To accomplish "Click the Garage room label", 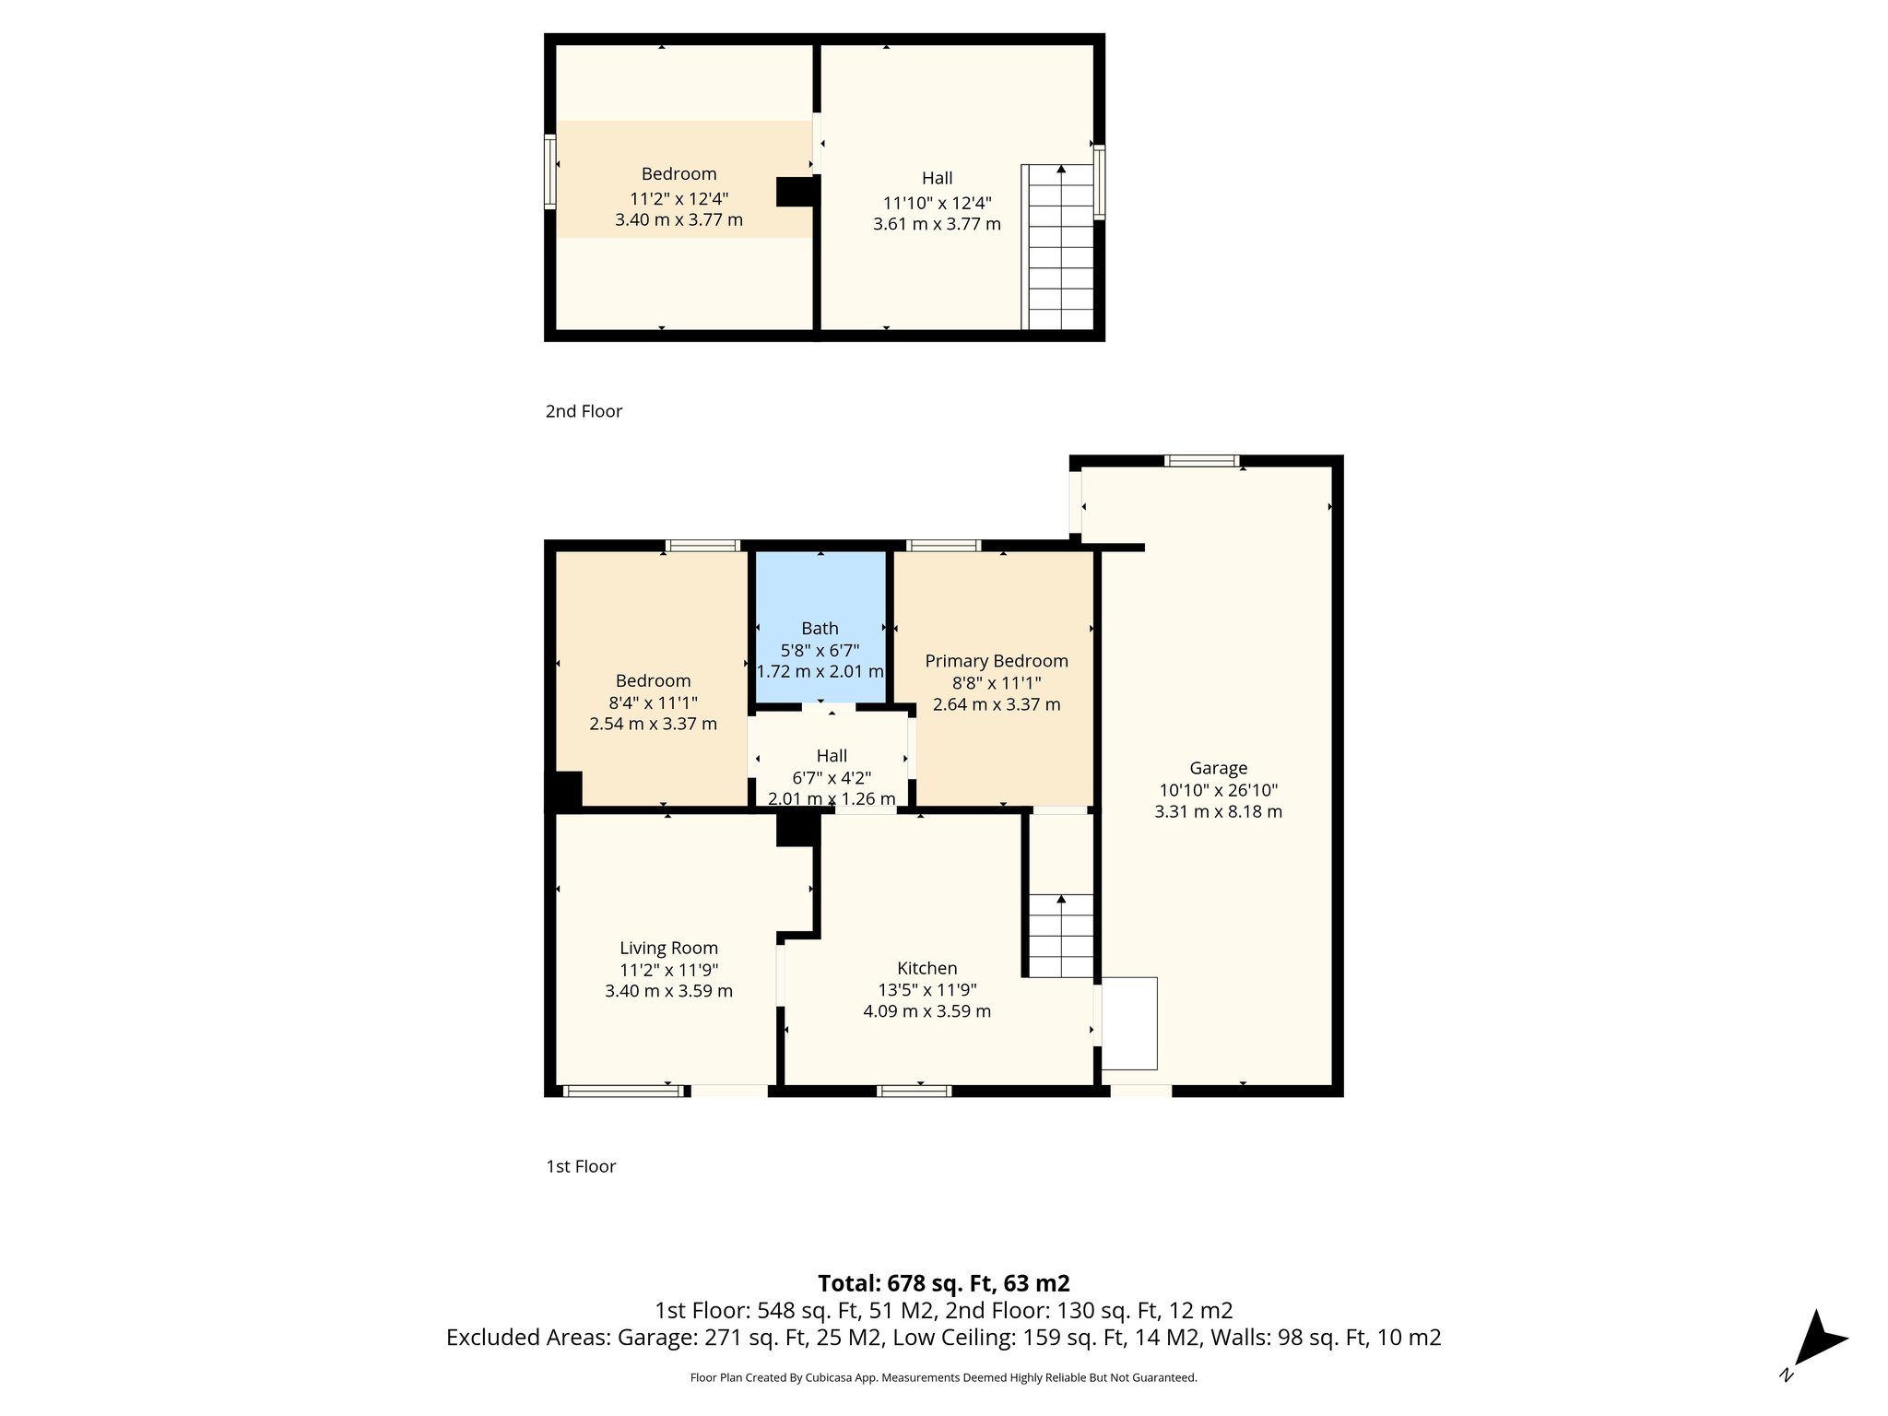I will [1218, 768].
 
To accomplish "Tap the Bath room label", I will [820, 629].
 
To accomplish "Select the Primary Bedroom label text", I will [997, 661].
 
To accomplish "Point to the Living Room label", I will [668, 948].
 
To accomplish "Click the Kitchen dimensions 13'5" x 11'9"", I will [926, 990].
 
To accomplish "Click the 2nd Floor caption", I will [584, 411].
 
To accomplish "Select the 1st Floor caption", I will [581, 1166].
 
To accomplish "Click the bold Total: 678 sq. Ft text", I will [943, 1283].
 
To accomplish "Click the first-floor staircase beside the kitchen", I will [1060, 935].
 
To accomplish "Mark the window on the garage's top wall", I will [1200, 461].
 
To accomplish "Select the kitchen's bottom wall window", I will [914, 1091].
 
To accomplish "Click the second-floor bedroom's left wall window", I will [550, 171].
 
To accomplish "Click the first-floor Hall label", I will [832, 756].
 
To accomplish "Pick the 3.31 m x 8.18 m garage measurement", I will [1218, 812].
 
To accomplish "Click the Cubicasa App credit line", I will [943, 1378].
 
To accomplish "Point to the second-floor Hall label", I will [937, 178].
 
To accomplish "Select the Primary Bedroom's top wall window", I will [943, 546].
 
